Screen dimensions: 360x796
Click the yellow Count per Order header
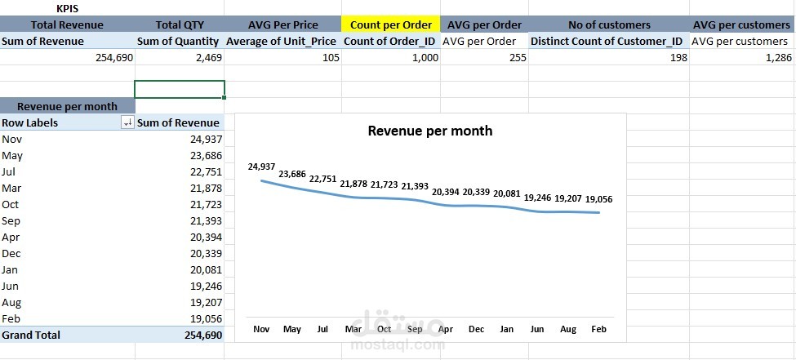click(390, 24)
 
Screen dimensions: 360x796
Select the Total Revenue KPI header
click(67, 24)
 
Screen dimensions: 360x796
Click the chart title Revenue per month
click(429, 131)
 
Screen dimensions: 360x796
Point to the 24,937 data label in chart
click(262, 167)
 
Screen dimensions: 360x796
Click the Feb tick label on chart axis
click(598, 329)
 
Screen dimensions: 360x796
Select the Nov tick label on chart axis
click(261, 329)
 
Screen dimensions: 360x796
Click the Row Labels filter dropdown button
click(127, 122)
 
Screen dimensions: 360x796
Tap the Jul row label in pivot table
click(10, 171)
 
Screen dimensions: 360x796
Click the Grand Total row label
click(31, 335)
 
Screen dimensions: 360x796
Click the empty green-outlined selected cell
click(179, 89)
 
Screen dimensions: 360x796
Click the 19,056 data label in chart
click(598, 198)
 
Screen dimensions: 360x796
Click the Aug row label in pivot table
click(11, 302)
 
